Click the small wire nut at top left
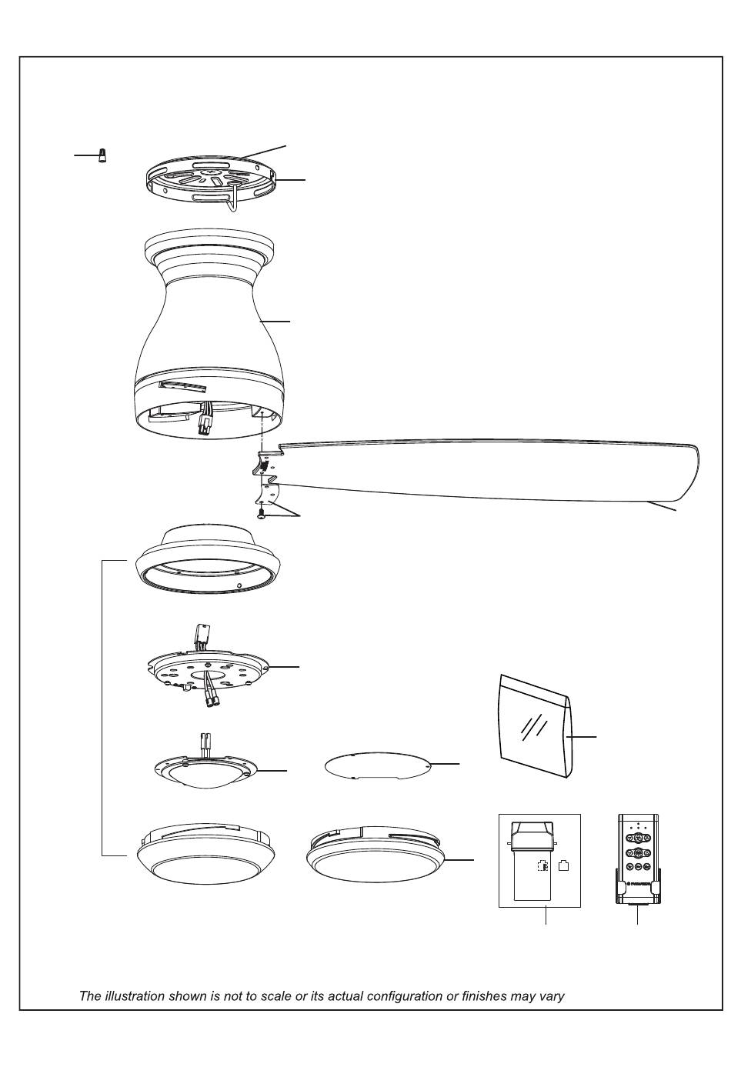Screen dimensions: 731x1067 pos(102,155)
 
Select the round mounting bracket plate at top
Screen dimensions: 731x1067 pos(210,181)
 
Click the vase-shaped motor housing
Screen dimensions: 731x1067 pos(209,333)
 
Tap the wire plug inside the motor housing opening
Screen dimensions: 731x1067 pos(204,419)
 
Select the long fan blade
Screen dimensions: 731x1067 pos(476,472)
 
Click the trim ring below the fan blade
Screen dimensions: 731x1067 pos(209,561)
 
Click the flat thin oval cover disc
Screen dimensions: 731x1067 pos(377,765)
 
